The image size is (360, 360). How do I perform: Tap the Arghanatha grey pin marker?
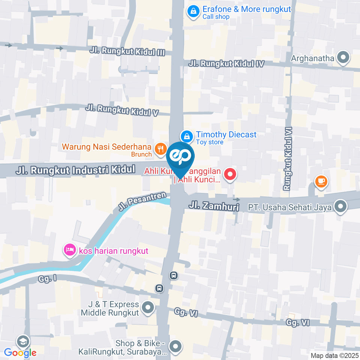342,58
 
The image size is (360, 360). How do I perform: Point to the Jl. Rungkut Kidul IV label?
226,63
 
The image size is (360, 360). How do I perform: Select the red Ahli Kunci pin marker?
230,174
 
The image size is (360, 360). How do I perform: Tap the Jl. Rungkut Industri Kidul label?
75,170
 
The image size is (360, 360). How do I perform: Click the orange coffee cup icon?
321,182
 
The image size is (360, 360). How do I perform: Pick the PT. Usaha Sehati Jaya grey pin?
340,207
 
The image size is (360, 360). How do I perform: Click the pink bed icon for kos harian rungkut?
70,250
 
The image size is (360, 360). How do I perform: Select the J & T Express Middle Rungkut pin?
149,308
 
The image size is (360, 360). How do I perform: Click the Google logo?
20,352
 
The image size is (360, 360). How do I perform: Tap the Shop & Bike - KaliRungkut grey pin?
175,346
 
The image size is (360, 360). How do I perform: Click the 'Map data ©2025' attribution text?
334,355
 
